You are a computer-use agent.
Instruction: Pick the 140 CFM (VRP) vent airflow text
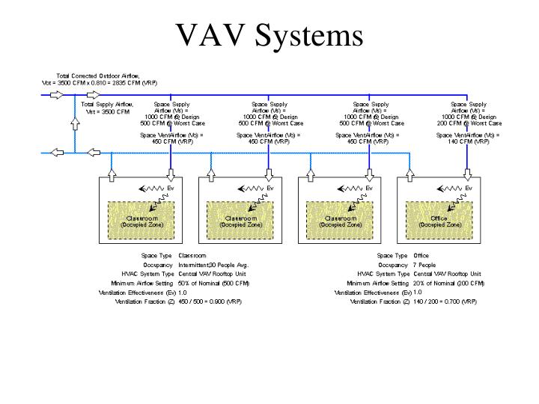tap(469, 141)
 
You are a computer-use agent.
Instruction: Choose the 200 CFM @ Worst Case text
tap(469, 123)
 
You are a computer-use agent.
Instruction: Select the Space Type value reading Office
tap(421, 255)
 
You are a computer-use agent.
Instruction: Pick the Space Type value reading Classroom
tap(192, 255)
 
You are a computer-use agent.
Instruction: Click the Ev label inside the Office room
tap(469, 188)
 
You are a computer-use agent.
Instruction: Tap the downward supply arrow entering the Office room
tap(469, 174)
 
